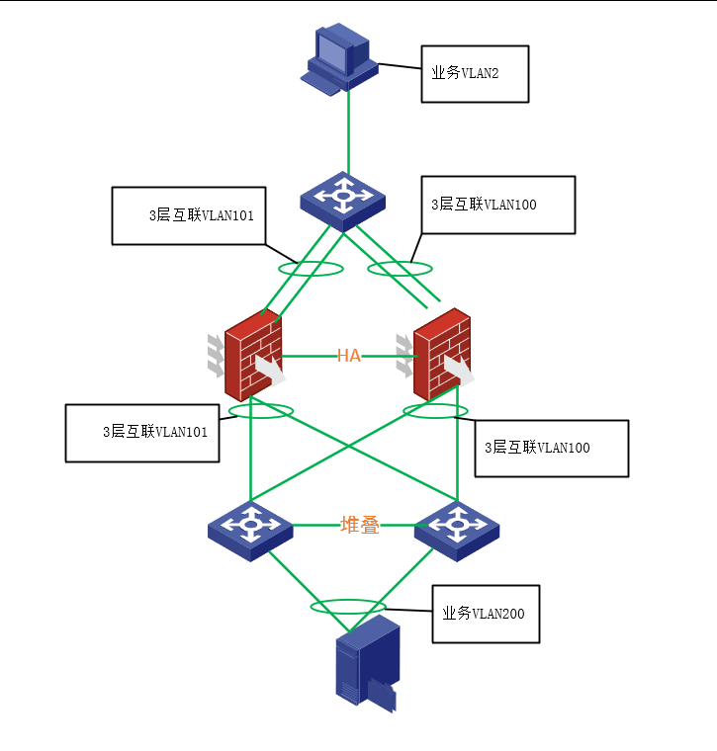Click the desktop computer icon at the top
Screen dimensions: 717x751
(x=339, y=59)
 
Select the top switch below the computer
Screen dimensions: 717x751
(x=343, y=202)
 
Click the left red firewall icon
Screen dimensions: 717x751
(x=247, y=356)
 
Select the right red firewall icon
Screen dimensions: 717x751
(x=436, y=355)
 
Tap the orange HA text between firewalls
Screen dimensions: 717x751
(x=349, y=356)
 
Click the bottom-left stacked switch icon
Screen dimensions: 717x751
(x=250, y=531)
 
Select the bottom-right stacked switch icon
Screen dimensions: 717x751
(x=457, y=531)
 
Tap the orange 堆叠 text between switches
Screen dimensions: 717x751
(x=359, y=526)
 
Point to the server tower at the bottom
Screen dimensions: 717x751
(x=368, y=663)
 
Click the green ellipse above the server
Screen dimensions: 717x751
(x=348, y=599)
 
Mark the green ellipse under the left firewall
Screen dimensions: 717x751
(x=261, y=404)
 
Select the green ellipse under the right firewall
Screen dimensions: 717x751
(x=436, y=404)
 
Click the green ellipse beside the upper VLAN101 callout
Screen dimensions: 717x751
(x=312, y=262)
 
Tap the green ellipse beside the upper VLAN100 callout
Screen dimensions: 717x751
(x=401, y=262)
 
